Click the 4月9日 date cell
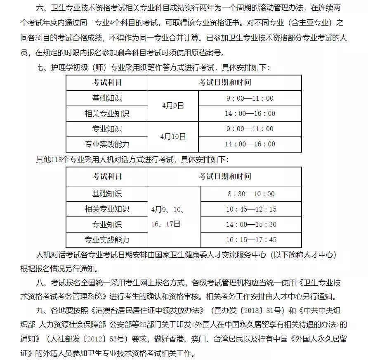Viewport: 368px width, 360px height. pyautogui.click(x=173, y=106)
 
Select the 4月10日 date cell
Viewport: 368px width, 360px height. pyautogui.click(x=173, y=136)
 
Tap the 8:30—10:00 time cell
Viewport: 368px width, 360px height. pyautogui.click(x=251, y=194)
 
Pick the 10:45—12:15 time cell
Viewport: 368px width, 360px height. pyautogui.click(x=251, y=209)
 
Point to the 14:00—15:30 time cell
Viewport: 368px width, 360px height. pyautogui.click(x=251, y=224)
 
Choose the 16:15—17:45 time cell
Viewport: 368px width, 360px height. pyautogui.click(x=251, y=240)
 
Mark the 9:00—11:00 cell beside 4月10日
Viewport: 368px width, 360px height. pyautogui.click(x=250, y=129)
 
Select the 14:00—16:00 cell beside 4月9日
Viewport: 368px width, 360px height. pyautogui.click(x=250, y=113)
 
